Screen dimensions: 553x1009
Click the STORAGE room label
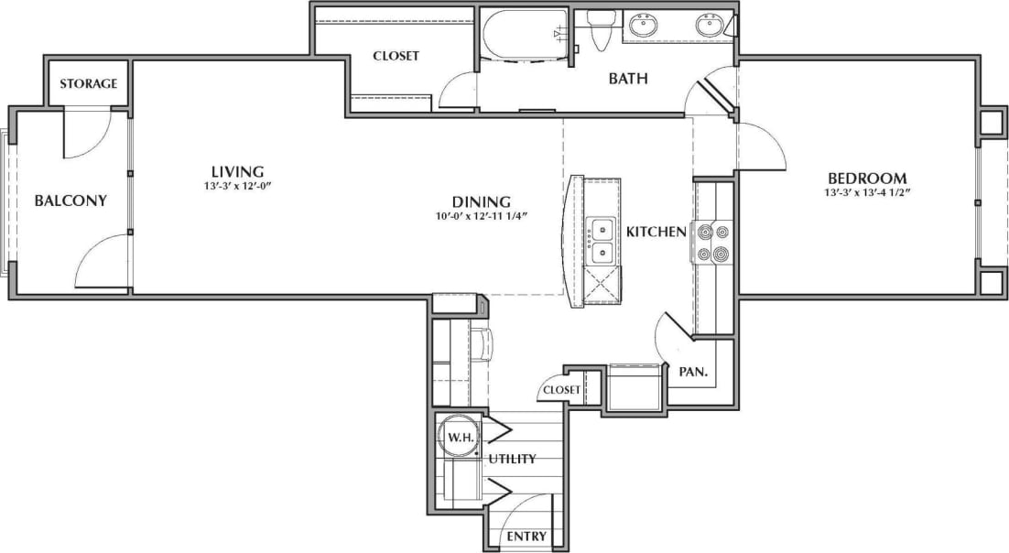tap(89, 83)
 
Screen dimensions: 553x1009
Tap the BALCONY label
tap(71, 201)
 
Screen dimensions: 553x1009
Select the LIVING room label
tap(237, 171)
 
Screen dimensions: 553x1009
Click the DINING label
tap(481, 201)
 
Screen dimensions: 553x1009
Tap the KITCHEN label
tap(656, 232)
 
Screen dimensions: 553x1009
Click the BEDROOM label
tap(867, 178)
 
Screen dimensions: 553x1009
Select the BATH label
tap(628, 79)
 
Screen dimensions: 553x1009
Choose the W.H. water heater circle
tap(458, 438)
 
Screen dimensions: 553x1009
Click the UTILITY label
tap(512, 459)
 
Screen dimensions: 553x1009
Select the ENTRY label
tap(526, 537)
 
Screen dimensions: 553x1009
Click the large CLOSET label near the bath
tap(396, 56)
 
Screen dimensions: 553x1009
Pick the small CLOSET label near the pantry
tap(561, 389)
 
